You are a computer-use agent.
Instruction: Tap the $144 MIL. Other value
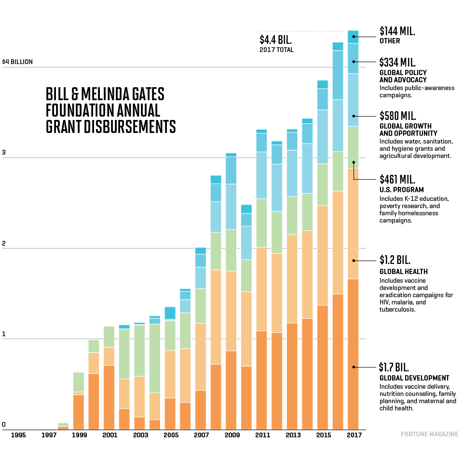tap(397, 31)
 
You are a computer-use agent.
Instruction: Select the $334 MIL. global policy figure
tap(397, 62)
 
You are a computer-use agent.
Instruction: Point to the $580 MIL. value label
tap(397, 116)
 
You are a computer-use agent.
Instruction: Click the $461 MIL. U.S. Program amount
tap(397, 180)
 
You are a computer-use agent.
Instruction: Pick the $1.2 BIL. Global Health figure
tap(395, 261)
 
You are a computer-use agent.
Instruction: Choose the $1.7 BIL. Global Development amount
tap(395, 367)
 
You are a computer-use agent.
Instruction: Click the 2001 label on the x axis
tap(109, 435)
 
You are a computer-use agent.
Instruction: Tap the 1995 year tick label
tap(18, 435)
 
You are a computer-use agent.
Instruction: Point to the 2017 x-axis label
tap(354, 435)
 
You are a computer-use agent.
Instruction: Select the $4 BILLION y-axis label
tap(17, 62)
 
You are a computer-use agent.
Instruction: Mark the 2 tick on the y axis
tap(4, 244)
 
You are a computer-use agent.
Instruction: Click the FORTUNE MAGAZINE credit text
tap(429, 434)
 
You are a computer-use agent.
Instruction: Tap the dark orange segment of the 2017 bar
tap(353, 354)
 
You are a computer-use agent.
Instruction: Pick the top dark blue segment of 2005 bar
tap(170, 313)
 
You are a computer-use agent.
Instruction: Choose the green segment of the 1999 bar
tap(79, 382)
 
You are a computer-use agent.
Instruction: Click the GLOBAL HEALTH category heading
tap(403, 272)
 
